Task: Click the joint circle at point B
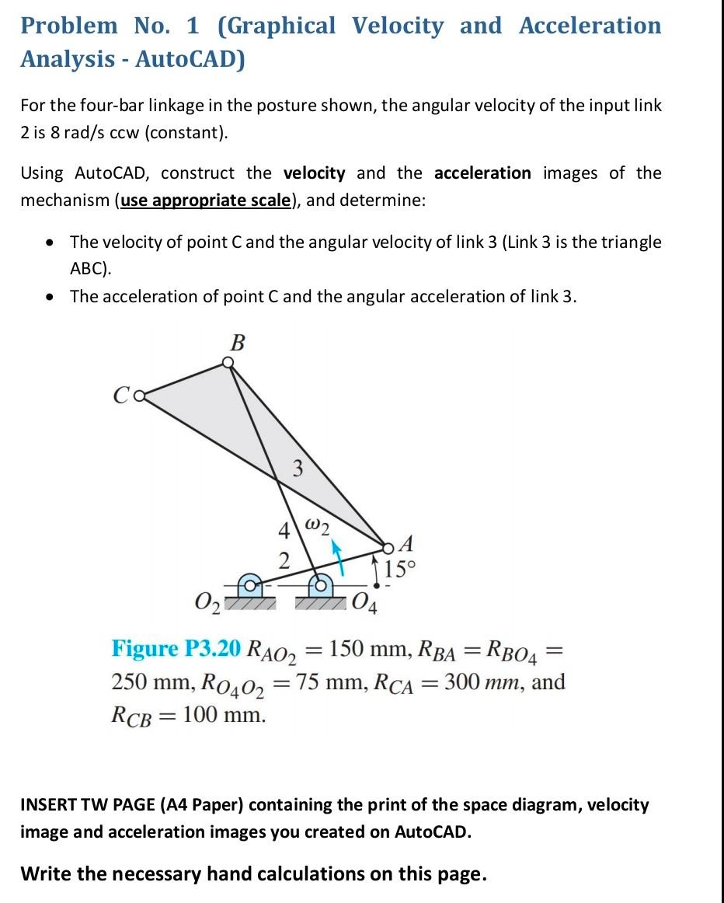point(227,362)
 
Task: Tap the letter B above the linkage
point(238,341)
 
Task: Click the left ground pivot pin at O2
point(249,584)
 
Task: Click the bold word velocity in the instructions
point(314,173)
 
